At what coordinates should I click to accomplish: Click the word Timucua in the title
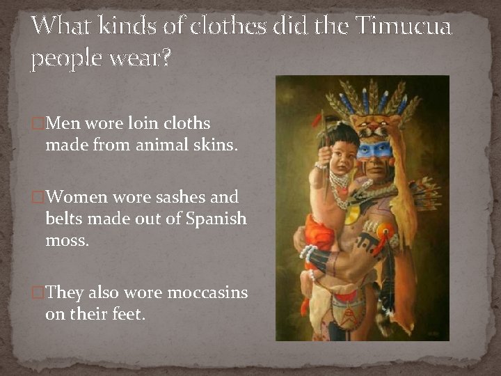(x=403, y=27)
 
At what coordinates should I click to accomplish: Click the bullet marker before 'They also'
(x=39, y=293)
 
